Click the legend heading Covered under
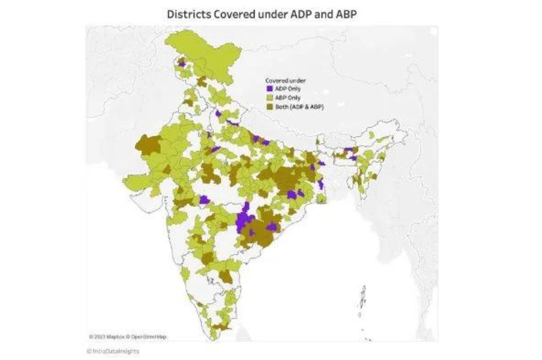285,80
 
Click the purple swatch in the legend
269,89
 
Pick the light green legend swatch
269,98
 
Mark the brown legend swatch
269,106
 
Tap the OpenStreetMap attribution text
148,337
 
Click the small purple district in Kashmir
182,64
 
